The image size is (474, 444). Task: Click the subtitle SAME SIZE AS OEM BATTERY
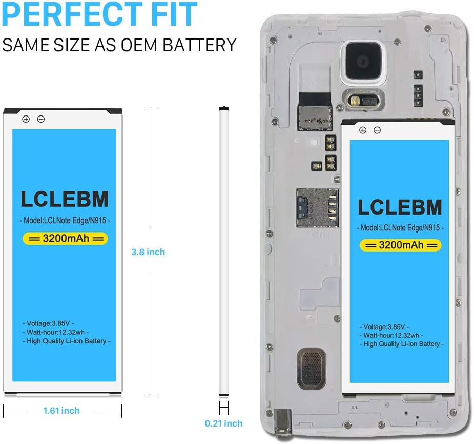119,45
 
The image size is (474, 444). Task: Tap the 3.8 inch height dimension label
148,252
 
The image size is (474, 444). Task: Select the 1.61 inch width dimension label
61,410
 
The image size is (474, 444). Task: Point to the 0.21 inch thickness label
223,423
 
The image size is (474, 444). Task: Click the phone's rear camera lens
361,62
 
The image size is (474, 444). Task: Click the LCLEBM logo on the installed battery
400,207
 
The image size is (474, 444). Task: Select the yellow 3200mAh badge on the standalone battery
65,238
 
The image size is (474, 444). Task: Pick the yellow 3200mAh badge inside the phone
400,245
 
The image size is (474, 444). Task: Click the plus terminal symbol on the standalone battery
26,119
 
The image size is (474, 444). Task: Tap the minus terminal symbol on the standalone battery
41,119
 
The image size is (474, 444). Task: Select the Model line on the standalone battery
66,220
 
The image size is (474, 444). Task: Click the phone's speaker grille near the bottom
310,366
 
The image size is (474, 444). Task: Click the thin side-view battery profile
223,252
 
